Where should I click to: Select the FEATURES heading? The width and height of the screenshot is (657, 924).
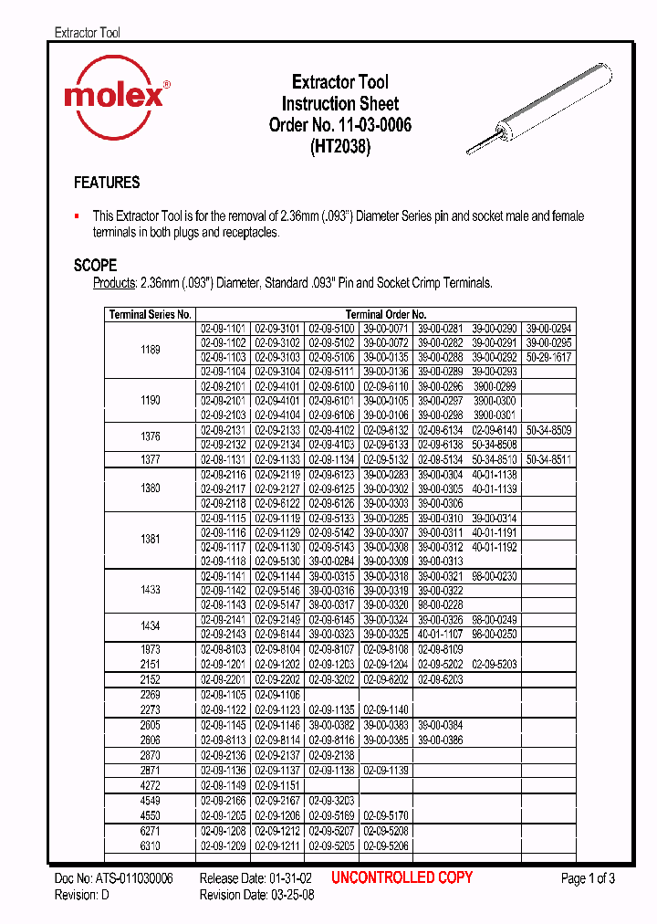click(107, 183)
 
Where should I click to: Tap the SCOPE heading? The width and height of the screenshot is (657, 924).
click(95, 266)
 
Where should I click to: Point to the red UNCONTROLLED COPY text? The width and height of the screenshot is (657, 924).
click(401, 877)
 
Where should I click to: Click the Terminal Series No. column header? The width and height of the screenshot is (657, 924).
click(150, 314)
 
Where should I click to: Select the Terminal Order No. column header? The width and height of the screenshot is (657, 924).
click(385, 314)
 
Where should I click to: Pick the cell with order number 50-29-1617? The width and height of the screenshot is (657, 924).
click(548, 357)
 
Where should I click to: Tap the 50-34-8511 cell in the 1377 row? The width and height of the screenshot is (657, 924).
click(548, 459)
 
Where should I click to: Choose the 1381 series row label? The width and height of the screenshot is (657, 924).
click(151, 539)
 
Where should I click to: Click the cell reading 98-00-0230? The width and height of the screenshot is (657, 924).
click(495, 576)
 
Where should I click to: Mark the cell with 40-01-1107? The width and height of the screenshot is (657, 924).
click(440, 634)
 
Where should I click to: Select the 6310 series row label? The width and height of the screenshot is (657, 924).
click(151, 846)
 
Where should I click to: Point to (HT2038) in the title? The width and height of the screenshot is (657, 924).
click(339, 145)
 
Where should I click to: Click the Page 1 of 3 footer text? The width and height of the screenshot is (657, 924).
click(588, 878)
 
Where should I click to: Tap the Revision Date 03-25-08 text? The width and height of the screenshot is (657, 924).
click(258, 896)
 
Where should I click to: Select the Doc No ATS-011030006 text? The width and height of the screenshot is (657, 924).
click(113, 878)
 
